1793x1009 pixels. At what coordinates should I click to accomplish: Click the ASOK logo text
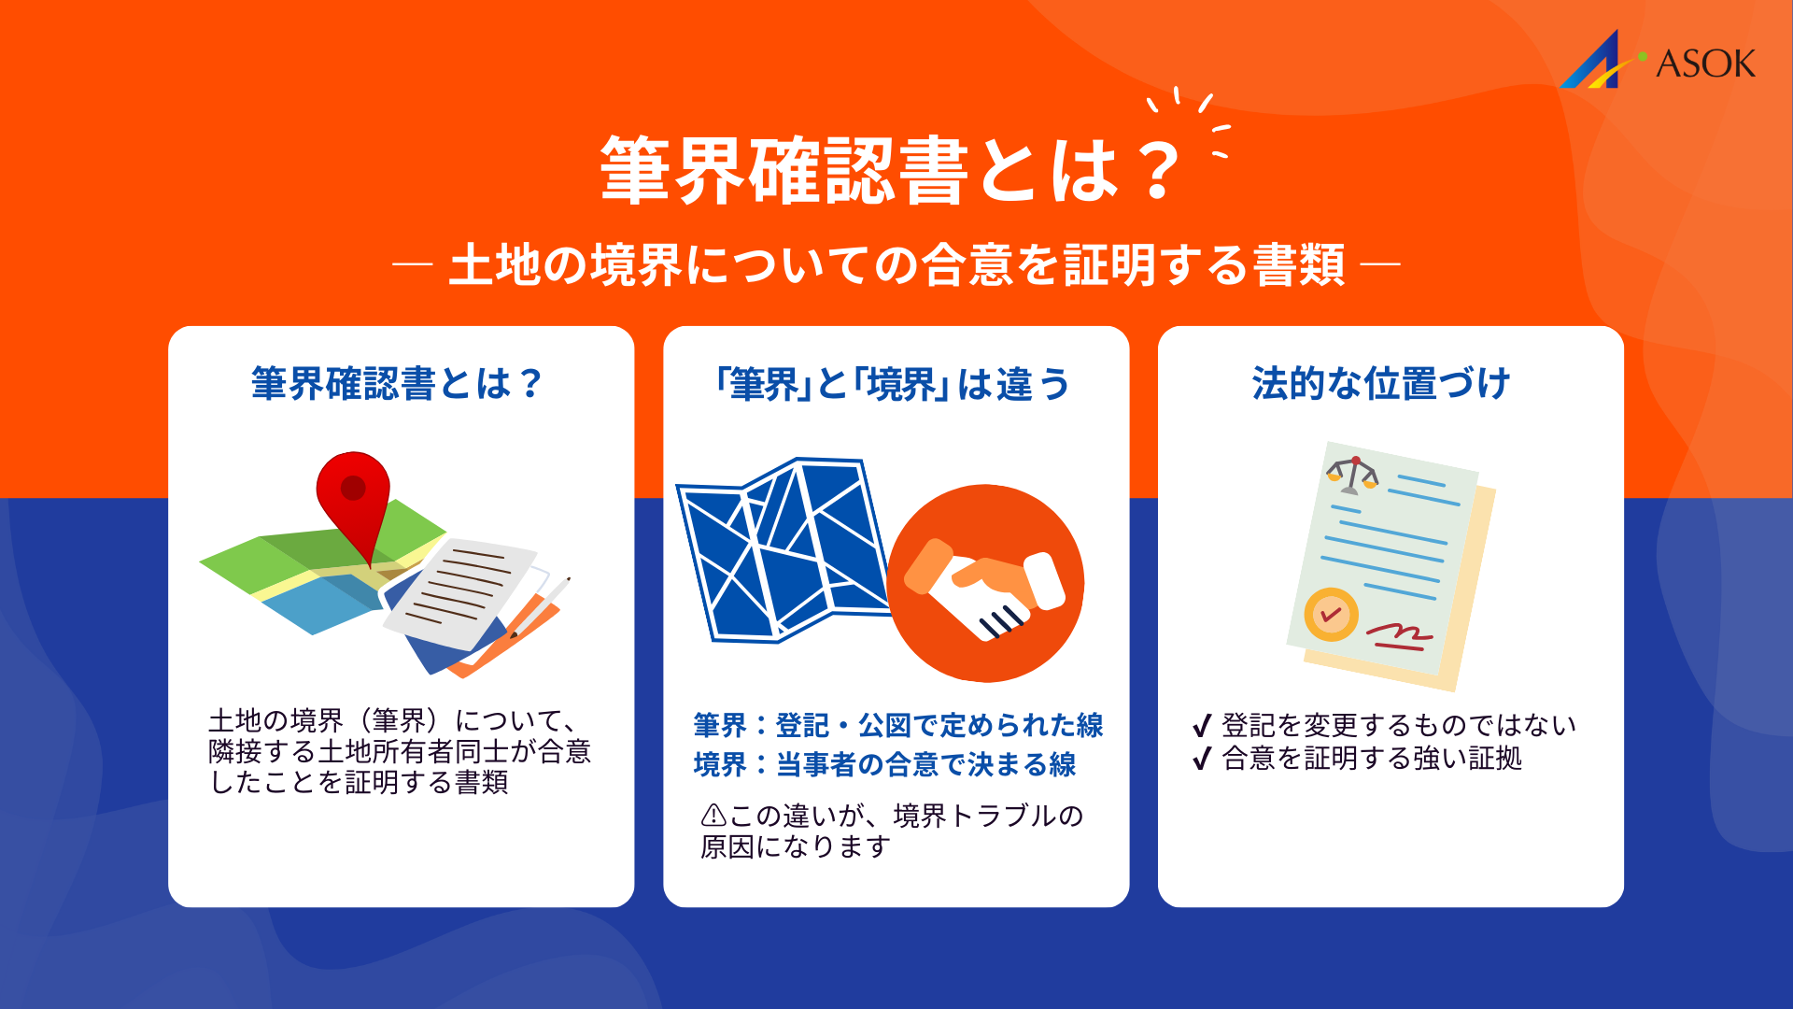pyautogui.click(x=1704, y=64)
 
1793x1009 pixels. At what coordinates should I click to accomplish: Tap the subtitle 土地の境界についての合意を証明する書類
pyautogui.click(x=896, y=264)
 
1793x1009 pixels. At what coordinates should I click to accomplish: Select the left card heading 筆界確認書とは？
pyautogui.click(x=398, y=384)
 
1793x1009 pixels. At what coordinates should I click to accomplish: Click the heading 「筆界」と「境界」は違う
pyautogui.click(x=894, y=384)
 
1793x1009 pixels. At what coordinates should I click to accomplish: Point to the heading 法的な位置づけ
pyautogui.click(x=1381, y=384)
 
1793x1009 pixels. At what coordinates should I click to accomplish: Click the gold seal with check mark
pyautogui.click(x=1331, y=615)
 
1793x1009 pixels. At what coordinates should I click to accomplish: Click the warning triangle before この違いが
pyautogui.click(x=713, y=816)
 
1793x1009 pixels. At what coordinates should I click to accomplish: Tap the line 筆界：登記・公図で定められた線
pyautogui.click(x=897, y=725)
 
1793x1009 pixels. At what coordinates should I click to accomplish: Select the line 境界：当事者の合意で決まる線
pyautogui.click(x=884, y=764)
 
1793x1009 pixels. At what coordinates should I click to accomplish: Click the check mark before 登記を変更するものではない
pyautogui.click(x=1202, y=726)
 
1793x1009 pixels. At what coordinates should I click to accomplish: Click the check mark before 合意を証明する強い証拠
pyautogui.click(x=1202, y=759)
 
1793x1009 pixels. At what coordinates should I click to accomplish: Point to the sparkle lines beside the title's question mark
pyautogui.click(x=1195, y=121)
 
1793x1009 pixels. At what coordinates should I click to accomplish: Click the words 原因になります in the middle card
pyautogui.click(x=796, y=846)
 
